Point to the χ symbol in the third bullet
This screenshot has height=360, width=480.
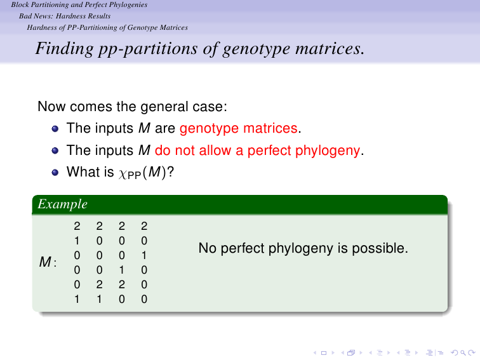coord(123,174)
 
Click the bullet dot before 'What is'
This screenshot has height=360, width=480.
coord(55,173)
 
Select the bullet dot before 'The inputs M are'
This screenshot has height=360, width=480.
coord(55,128)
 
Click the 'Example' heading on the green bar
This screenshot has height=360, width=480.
coord(62,204)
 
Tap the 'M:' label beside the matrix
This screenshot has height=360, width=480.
coord(48,262)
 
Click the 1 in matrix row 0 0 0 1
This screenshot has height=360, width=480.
coord(144,255)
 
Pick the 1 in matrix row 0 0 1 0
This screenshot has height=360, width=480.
coord(122,270)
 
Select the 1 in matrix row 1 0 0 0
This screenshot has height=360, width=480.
coord(77,241)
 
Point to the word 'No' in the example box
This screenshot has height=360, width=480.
coord(208,248)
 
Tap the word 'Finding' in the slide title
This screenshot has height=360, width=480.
coord(64,49)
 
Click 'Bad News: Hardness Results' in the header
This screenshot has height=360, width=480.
coord(65,17)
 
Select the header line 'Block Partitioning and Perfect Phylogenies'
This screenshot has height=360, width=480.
coord(79,4)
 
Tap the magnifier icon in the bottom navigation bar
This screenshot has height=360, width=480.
coord(463,353)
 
